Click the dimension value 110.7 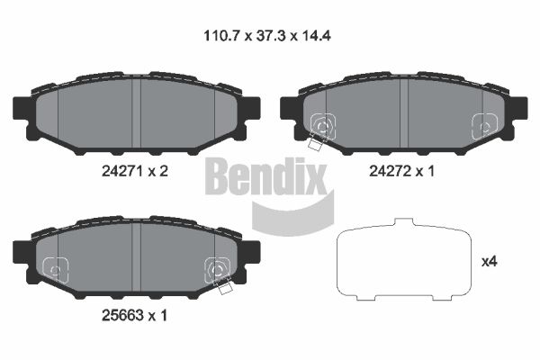221,35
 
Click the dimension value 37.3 272,35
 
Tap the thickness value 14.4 316,35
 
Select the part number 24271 121,171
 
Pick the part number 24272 390,171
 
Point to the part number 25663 121,315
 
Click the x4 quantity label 489,262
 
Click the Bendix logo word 265,176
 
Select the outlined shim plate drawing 403,259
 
